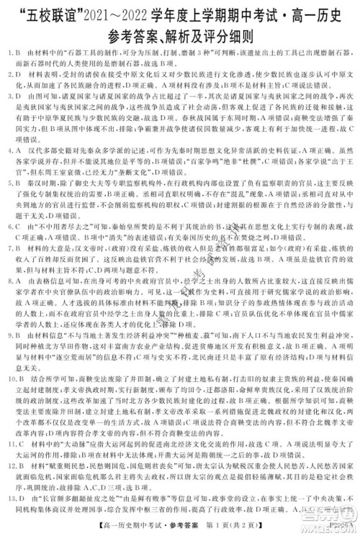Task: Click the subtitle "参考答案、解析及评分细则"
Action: coord(179,34)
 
